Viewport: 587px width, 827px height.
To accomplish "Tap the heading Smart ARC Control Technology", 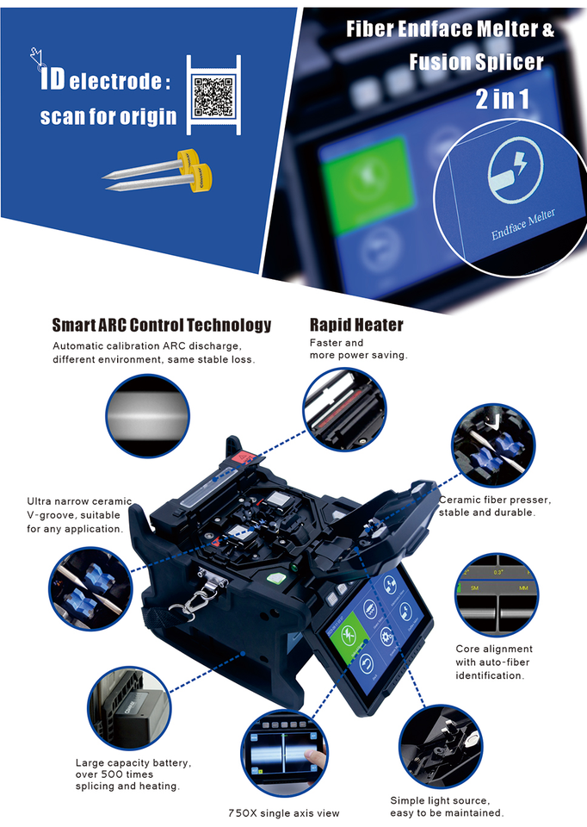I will click(162, 326).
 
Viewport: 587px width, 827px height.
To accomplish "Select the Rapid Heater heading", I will click(356, 326).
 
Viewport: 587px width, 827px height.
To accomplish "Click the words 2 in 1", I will click(502, 99).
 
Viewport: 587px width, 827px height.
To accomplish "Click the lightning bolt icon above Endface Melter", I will click(514, 171).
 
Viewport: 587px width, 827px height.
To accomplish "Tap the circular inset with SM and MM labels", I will click(496, 596).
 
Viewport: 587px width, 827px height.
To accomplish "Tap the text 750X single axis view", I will click(284, 812).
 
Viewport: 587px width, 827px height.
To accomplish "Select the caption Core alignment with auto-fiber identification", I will click(494, 662).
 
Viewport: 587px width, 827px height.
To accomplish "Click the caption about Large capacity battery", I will click(133, 774).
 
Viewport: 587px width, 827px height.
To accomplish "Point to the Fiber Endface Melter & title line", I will click(450, 29).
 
